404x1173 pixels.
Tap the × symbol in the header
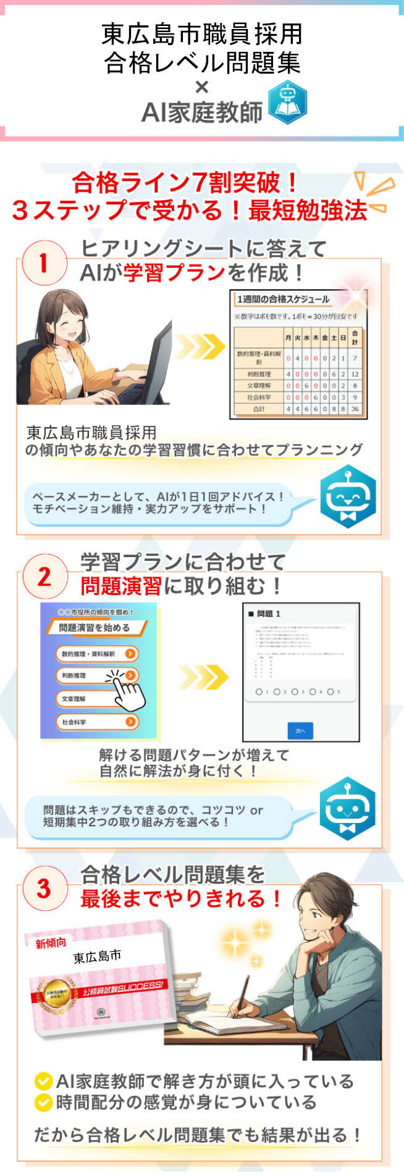202,87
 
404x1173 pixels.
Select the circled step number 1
43,263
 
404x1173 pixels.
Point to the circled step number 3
43,889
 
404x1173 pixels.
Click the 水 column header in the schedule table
306,338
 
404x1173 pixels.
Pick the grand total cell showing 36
355,409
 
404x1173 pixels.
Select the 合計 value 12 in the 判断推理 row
355,374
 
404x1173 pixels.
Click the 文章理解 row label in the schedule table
258,385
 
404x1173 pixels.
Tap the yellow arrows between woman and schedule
200,346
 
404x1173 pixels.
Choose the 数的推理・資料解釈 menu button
97,654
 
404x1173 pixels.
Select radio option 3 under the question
295,691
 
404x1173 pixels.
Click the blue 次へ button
300,730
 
